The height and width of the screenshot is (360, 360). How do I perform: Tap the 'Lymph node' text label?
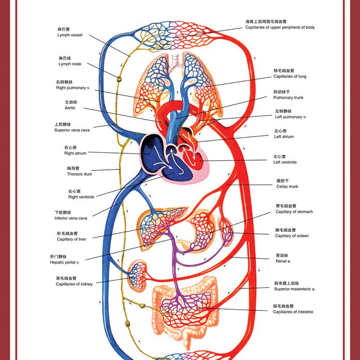[70, 64]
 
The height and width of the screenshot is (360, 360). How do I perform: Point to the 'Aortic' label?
[70, 108]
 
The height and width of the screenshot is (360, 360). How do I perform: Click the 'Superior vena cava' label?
[72, 130]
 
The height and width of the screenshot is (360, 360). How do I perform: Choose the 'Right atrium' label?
[75, 153]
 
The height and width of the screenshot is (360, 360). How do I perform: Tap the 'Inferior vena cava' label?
[71, 218]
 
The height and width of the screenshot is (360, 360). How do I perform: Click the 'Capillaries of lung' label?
[289, 76]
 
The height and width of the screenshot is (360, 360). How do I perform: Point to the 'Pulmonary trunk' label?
[288, 98]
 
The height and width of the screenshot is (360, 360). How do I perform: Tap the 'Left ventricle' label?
[285, 162]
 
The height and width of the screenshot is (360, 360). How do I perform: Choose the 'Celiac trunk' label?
[287, 186]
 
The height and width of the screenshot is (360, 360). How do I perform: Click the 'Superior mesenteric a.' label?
[294, 289]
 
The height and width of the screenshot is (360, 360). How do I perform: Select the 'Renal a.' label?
[283, 261]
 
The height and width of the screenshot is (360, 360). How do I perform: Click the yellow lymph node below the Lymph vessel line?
[119, 79]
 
